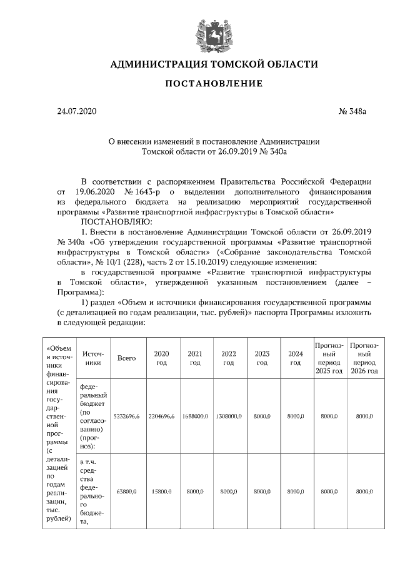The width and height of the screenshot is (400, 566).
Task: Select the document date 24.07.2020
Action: coord(77,111)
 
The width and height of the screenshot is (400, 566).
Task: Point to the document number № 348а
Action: coord(352,111)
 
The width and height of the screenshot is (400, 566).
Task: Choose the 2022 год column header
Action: coord(229,358)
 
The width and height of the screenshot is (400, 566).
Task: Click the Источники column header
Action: coord(92,358)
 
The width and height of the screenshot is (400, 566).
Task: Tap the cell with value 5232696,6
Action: coord(127,415)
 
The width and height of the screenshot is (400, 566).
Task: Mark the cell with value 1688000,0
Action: coord(195,415)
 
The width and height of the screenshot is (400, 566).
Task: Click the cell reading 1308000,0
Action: coord(229,415)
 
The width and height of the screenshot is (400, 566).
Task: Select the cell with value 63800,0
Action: coord(127,492)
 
